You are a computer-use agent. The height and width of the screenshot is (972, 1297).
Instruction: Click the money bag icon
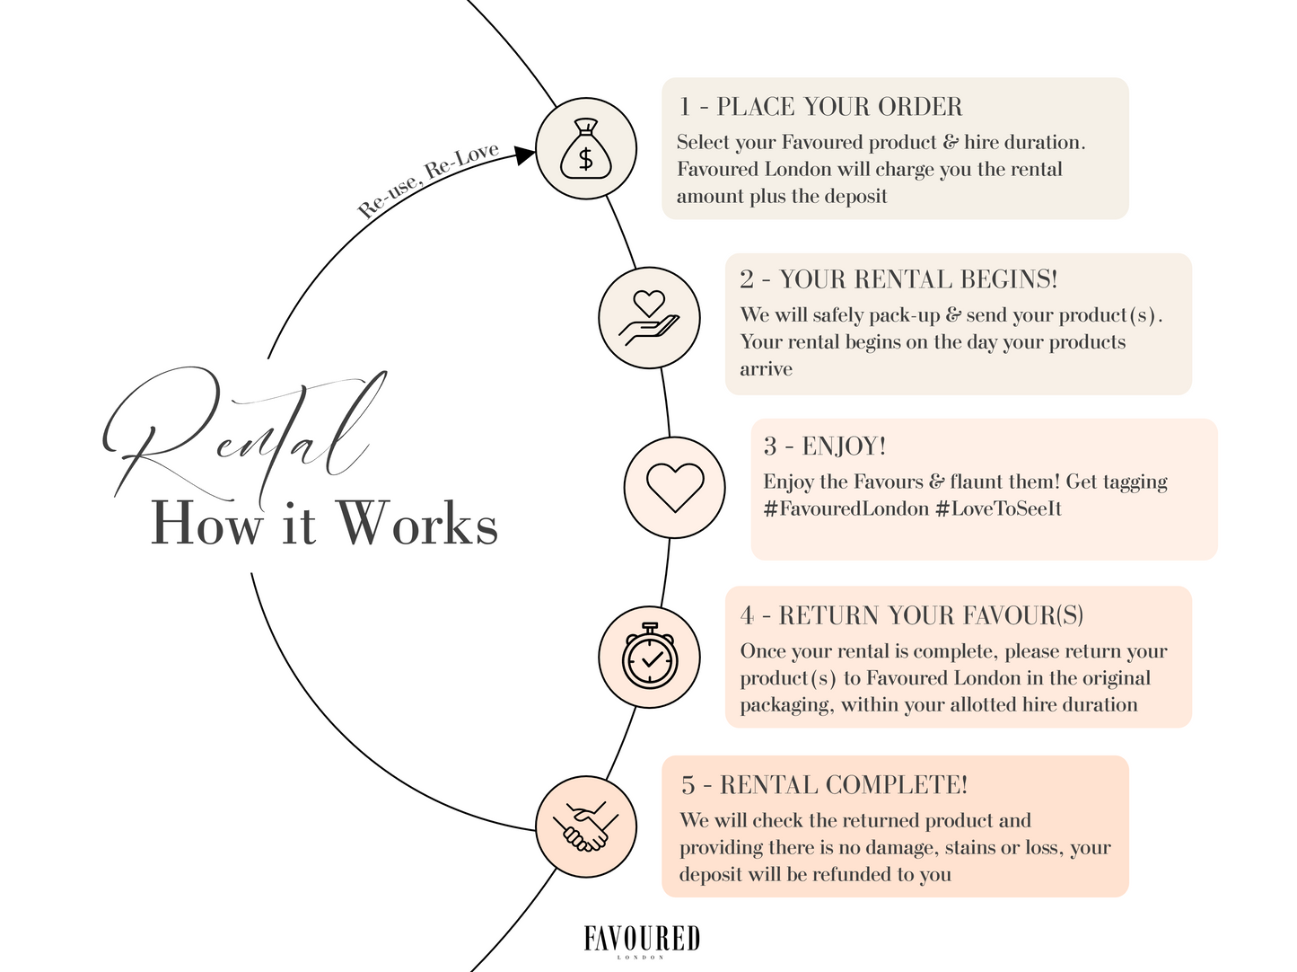[586, 148]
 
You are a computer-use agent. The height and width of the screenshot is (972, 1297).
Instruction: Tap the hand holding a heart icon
[649, 318]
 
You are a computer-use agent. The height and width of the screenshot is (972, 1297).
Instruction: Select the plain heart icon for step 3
[675, 487]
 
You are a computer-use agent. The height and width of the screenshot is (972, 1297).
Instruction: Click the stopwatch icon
[649, 656]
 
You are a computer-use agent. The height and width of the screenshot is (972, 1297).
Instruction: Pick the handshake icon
[586, 826]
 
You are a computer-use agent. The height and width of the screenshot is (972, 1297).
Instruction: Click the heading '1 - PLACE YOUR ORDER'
[820, 107]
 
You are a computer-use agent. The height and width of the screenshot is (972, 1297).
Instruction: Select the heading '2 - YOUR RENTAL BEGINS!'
[898, 279]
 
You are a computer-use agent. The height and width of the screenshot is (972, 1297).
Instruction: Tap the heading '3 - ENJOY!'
[825, 446]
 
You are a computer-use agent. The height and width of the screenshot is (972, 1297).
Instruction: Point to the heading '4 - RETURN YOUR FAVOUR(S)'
[912, 615]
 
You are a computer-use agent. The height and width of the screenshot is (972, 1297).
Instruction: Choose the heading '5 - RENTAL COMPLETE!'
[824, 785]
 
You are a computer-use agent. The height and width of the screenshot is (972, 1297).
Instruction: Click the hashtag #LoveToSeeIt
[998, 509]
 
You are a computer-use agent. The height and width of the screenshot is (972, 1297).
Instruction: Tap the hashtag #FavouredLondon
[846, 509]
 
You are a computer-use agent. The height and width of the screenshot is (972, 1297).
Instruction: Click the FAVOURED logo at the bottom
[642, 940]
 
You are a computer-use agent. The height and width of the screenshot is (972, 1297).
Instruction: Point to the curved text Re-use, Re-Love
[427, 181]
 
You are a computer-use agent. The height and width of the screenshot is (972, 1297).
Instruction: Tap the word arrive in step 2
[766, 369]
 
